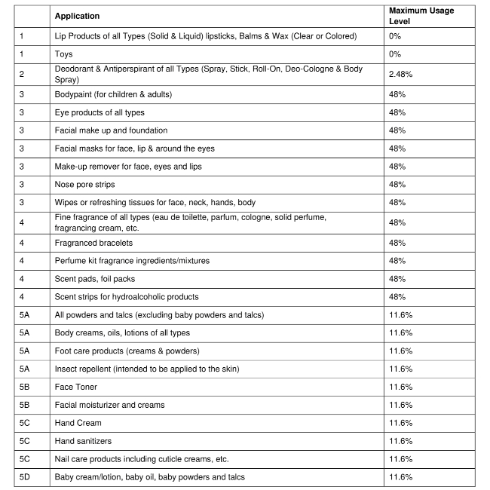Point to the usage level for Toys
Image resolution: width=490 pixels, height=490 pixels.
click(x=395, y=54)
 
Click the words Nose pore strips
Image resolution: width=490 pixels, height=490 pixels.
click(x=86, y=185)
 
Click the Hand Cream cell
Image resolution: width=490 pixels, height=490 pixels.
click(x=78, y=423)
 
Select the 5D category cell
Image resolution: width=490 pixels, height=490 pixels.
click(x=25, y=477)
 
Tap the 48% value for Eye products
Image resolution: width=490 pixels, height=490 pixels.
click(x=397, y=112)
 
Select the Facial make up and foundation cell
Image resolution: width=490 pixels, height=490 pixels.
click(x=111, y=130)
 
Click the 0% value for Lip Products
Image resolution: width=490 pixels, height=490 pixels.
click(x=395, y=36)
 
